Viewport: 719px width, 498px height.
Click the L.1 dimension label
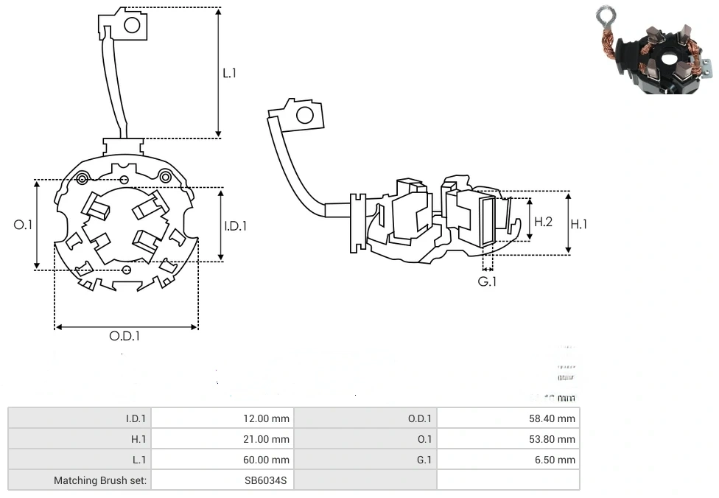230,73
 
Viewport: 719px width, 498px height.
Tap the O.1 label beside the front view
24,225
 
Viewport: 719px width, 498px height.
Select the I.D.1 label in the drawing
236,226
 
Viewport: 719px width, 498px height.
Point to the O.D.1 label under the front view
124,336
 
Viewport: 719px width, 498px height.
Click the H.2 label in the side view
543,222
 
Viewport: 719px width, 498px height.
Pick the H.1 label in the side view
579,224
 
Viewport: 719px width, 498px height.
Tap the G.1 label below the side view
488,282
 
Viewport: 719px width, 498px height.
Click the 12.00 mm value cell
266,418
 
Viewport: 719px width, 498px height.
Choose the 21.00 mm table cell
266,439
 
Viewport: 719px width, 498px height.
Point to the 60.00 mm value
266,460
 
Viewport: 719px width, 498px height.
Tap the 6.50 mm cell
558,460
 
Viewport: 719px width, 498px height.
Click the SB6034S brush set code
267,480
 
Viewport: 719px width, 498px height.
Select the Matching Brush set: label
100,480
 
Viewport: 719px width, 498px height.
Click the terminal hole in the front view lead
132,26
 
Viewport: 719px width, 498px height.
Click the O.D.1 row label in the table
420,418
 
